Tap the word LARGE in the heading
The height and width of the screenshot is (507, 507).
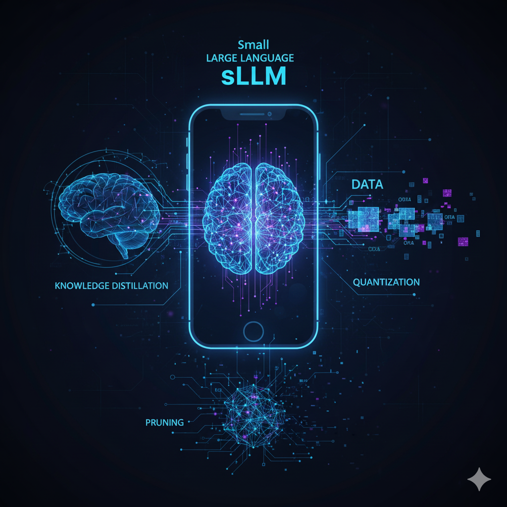pyautogui.click(x=222, y=58)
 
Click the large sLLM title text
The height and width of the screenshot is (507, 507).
pyautogui.click(x=253, y=78)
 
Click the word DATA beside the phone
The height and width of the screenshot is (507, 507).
pyautogui.click(x=367, y=185)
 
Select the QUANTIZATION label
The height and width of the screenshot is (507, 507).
pyautogui.click(x=386, y=282)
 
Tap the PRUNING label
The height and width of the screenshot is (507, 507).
pyautogui.click(x=164, y=423)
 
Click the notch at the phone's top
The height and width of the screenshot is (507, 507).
pyautogui.click(x=253, y=114)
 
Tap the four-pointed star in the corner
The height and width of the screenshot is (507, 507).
pyautogui.click(x=479, y=479)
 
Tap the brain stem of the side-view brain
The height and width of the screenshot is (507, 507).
pyautogui.click(x=122, y=250)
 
